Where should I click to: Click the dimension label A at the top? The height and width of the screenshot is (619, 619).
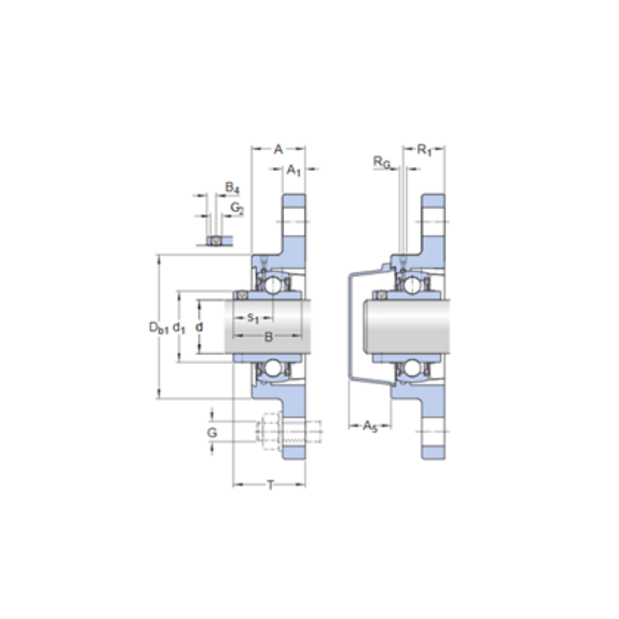279,149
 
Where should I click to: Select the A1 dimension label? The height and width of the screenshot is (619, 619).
293,170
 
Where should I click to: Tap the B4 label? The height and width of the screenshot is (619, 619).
232,188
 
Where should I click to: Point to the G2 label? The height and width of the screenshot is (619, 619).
237,208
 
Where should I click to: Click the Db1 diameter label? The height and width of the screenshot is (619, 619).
158,327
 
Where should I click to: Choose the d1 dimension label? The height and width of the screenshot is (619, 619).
179,327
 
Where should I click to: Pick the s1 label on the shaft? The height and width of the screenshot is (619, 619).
253,318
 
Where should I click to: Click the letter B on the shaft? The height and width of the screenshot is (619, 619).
268,337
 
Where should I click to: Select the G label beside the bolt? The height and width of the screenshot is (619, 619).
212,433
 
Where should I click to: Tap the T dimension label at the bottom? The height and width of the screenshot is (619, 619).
271,485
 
